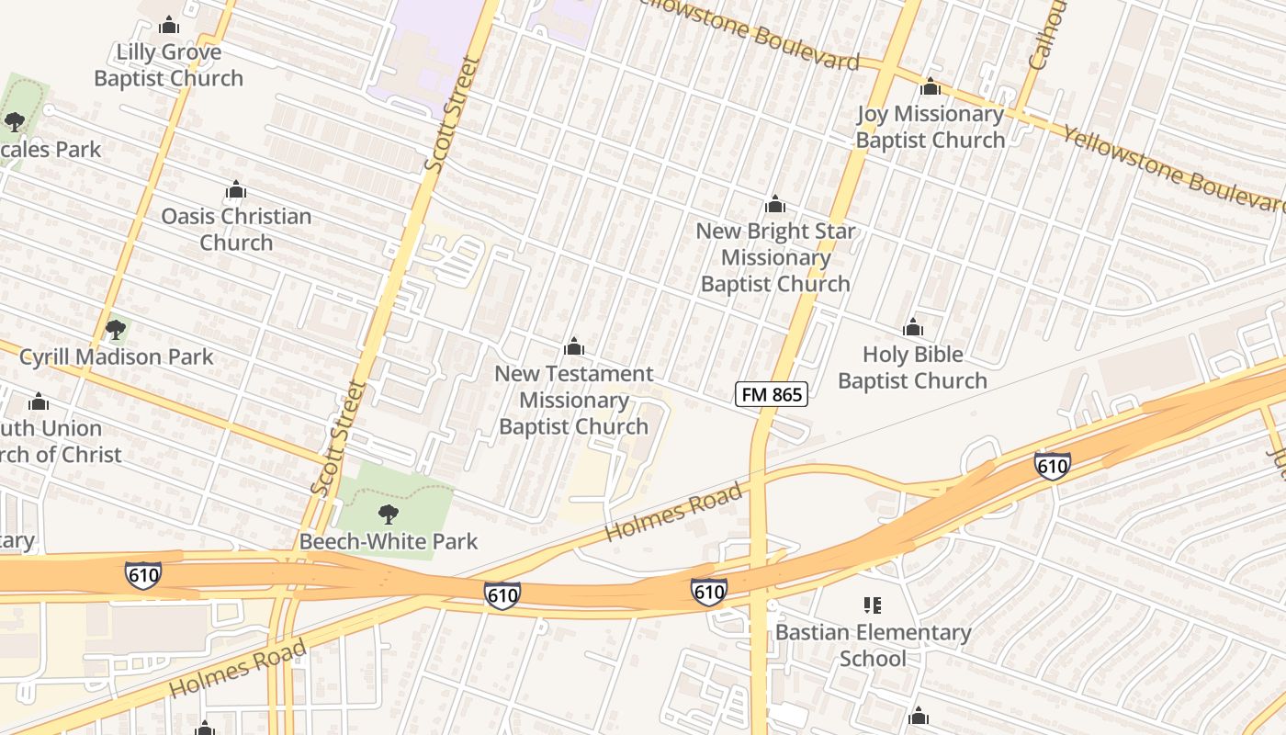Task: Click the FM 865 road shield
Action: (x=772, y=395)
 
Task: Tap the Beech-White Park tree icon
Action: (x=389, y=514)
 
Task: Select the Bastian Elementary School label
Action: (x=873, y=645)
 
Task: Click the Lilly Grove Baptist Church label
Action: (x=169, y=65)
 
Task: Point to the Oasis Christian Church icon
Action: (x=236, y=190)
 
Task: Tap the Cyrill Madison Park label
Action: (x=117, y=356)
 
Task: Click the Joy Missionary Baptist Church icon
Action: (x=931, y=87)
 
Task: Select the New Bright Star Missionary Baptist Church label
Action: (x=775, y=257)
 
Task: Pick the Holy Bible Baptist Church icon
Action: (x=912, y=328)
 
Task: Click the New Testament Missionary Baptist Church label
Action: (x=574, y=400)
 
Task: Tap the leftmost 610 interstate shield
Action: (x=143, y=576)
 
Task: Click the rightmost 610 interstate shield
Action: (x=1052, y=466)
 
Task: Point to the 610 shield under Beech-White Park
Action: (x=502, y=595)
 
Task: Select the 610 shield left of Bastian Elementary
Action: (x=708, y=591)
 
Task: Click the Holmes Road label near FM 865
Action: (x=673, y=513)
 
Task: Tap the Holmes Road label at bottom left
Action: (x=238, y=669)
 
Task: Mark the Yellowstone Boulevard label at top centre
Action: (x=750, y=34)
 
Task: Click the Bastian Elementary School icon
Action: (x=873, y=605)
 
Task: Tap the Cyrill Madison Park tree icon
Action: (x=115, y=329)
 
